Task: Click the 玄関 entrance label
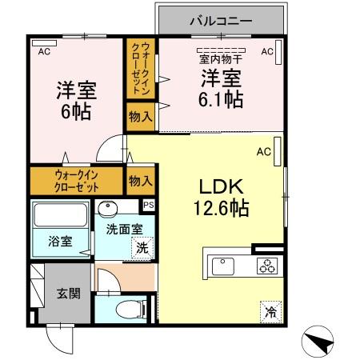pos(68,294)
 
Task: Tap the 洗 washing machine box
pos(141,248)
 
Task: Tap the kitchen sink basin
pos(222,266)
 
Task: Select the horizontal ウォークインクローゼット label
pos(78,181)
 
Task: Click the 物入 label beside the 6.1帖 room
pos(140,116)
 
